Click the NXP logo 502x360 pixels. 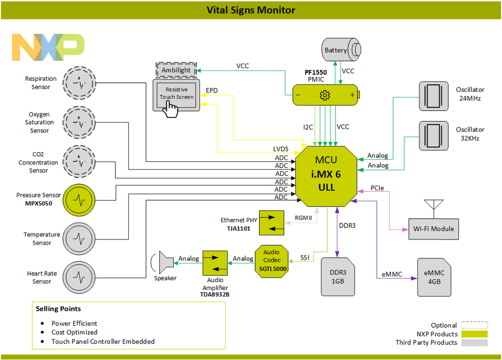point(48,48)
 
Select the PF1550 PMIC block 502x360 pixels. point(325,95)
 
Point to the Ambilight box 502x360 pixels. point(176,70)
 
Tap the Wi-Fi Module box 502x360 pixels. point(433,228)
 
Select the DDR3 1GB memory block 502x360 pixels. point(338,276)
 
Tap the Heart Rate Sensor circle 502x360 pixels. point(78,277)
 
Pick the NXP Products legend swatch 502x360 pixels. point(474,334)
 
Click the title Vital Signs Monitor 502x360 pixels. point(251,10)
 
